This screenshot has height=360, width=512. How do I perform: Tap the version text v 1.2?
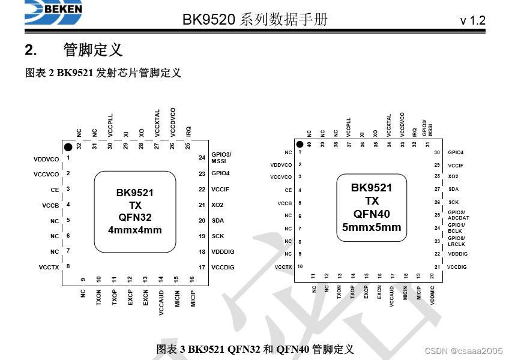[x=472, y=20]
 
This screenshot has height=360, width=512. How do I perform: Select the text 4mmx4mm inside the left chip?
[x=135, y=230]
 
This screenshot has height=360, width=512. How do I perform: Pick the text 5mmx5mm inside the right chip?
[x=372, y=227]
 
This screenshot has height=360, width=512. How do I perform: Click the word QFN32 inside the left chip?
[x=135, y=217]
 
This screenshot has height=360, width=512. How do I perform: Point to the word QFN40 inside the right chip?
[x=372, y=214]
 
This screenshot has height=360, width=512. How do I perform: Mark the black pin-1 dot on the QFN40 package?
[x=298, y=144]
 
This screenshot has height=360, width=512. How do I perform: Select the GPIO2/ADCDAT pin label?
[x=459, y=215]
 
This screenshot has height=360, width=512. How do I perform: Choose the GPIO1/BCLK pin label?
[x=456, y=228]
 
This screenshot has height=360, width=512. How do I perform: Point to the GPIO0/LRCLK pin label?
[x=457, y=241]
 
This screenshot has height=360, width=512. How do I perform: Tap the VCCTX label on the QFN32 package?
[x=49, y=267]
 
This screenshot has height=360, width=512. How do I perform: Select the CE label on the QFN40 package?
[x=288, y=190]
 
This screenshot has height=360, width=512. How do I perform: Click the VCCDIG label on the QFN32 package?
[x=223, y=267]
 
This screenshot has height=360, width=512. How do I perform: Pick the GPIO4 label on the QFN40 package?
[x=456, y=152]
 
